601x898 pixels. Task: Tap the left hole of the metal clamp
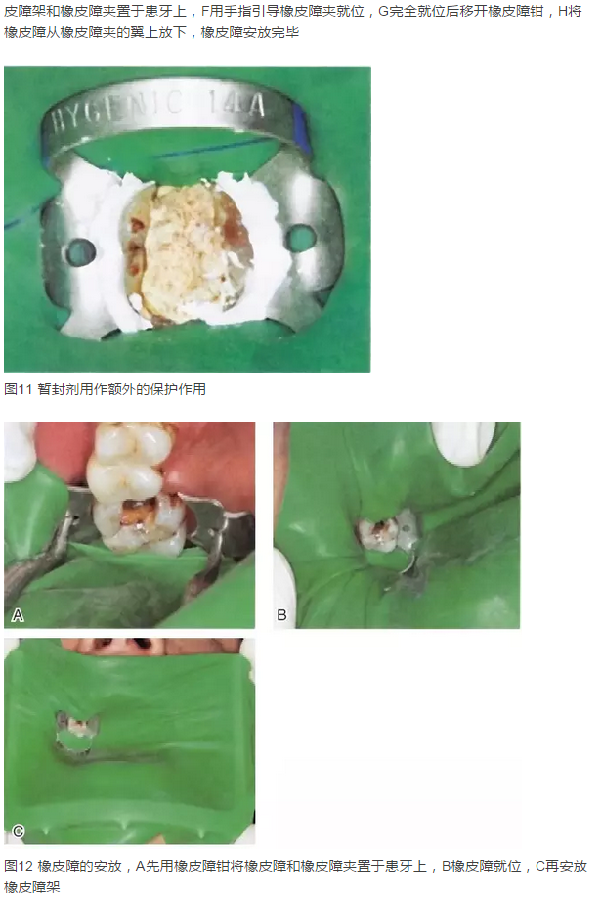tap(80, 250)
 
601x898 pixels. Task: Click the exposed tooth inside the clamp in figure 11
tap(188, 254)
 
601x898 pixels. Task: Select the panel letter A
tap(18, 615)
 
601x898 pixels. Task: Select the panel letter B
tap(281, 615)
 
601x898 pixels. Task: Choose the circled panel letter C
tap(19, 831)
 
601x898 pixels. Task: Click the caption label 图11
tap(18, 389)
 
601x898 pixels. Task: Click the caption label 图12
tap(19, 866)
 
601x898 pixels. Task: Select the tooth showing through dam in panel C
tap(77, 728)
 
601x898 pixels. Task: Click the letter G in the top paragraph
tap(383, 11)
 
